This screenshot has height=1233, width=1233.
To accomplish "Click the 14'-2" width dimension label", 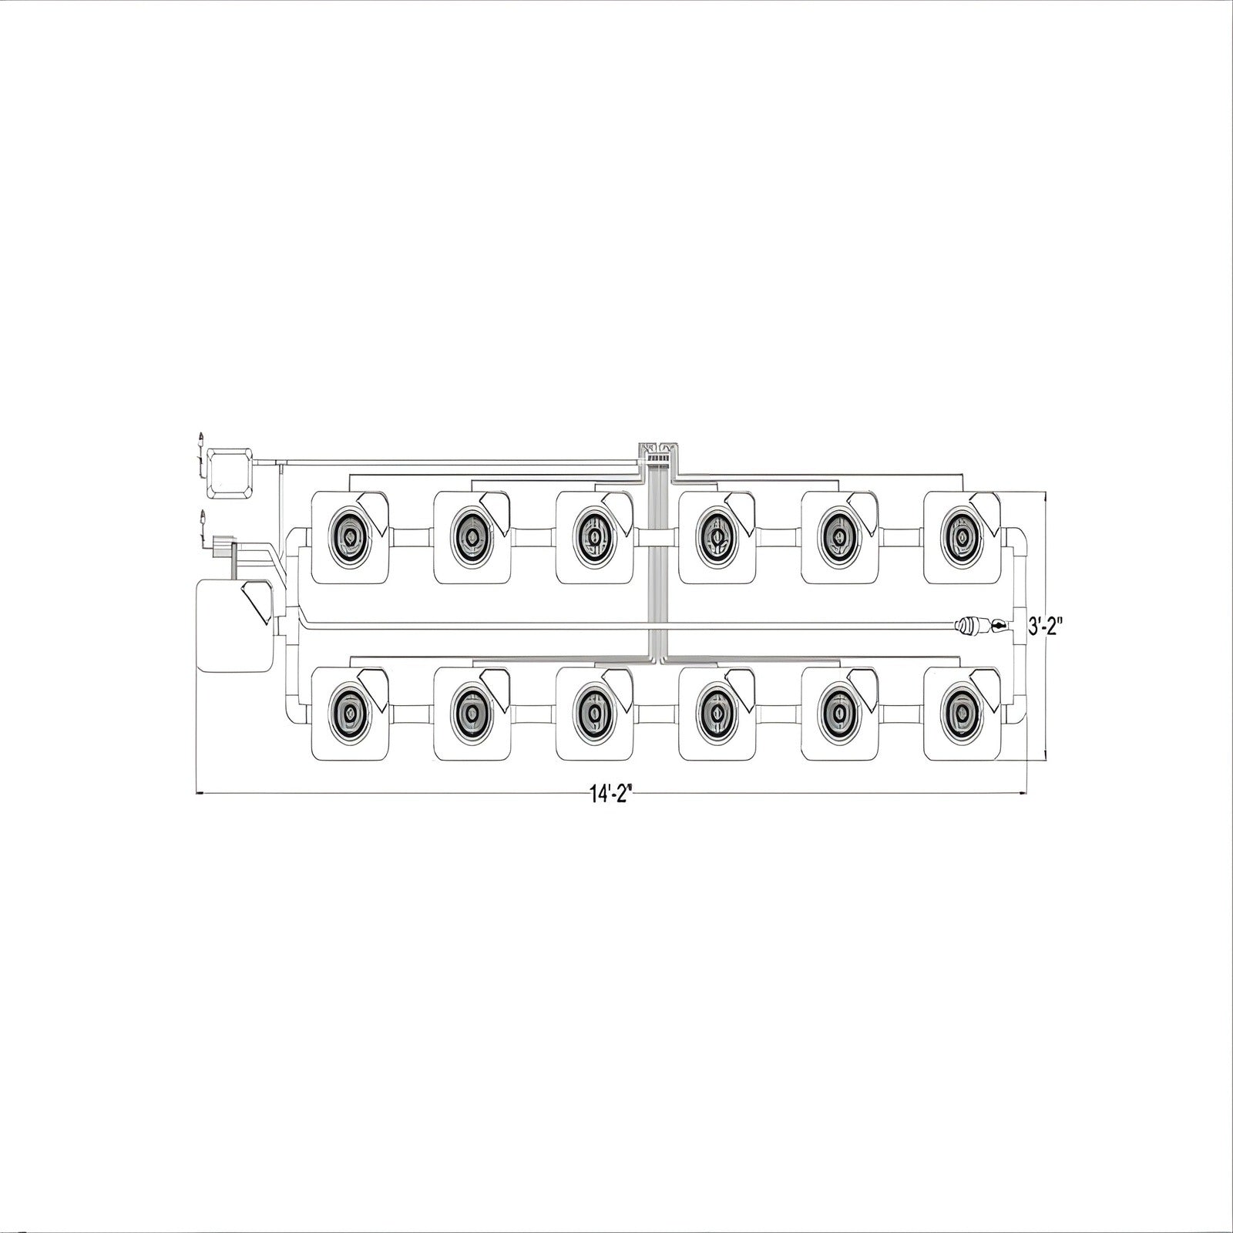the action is point(612,795).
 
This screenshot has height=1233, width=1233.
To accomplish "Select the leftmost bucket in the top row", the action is point(349,537).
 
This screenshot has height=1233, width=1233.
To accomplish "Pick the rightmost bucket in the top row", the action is point(963,537).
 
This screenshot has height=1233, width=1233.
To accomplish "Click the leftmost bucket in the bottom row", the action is point(349,714).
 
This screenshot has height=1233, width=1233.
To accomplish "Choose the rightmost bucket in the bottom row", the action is point(963,714).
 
